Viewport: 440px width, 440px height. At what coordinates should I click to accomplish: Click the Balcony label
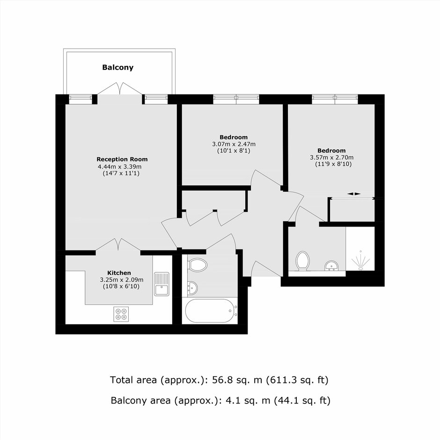[x=118, y=67]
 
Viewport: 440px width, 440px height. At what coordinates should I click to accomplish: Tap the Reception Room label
[x=122, y=159]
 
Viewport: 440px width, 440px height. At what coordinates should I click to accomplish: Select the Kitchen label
[x=119, y=273]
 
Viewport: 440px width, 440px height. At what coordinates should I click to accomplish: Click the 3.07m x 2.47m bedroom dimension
[x=234, y=144]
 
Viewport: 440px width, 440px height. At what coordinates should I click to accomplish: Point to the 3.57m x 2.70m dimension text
[x=332, y=157]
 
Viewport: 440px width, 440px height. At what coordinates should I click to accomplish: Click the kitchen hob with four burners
[x=121, y=314]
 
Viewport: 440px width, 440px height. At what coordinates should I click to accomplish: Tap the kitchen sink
[x=161, y=284]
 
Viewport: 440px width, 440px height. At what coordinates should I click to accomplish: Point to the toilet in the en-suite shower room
[x=303, y=261]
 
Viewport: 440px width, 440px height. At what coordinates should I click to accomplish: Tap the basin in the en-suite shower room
[x=332, y=266]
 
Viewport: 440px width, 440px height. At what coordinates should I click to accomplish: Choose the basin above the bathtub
[x=192, y=288]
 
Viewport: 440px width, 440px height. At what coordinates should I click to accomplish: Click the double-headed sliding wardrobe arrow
[x=354, y=194]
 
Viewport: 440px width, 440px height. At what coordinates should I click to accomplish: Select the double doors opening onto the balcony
[x=120, y=88]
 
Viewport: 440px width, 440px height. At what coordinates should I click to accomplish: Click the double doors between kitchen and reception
[x=118, y=244]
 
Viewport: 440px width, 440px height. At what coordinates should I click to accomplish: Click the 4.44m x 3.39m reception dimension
[x=119, y=166]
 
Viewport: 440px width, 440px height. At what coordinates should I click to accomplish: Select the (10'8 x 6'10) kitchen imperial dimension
[x=121, y=286]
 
